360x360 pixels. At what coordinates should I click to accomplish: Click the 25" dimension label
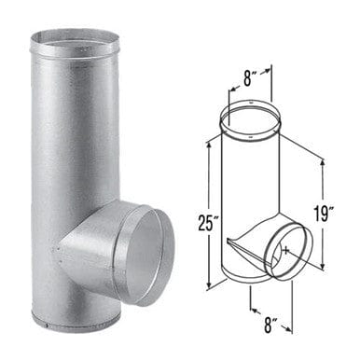coord(206,221)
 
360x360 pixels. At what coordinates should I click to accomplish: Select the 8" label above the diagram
coord(248,77)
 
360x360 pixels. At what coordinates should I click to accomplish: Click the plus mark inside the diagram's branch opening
coord(286,250)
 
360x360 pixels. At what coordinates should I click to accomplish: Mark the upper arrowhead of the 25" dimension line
coord(210,145)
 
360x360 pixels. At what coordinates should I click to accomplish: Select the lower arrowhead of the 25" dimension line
coord(210,284)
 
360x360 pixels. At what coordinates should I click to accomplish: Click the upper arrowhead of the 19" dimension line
coord(324,162)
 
